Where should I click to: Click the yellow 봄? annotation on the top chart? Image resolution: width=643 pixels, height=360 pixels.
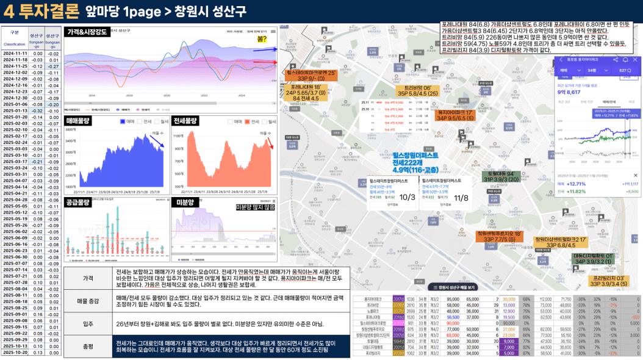pyautogui.click(x=262, y=38)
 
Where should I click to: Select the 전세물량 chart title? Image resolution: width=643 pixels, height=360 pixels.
pyautogui.click(x=187, y=120)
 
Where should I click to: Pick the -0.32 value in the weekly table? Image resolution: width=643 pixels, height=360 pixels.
pyautogui.click(x=37, y=110)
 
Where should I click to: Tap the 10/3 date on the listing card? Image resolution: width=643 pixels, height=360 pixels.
pyautogui.click(x=408, y=197)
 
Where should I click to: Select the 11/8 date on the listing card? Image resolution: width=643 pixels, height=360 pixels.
pyautogui.click(x=461, y=197)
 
